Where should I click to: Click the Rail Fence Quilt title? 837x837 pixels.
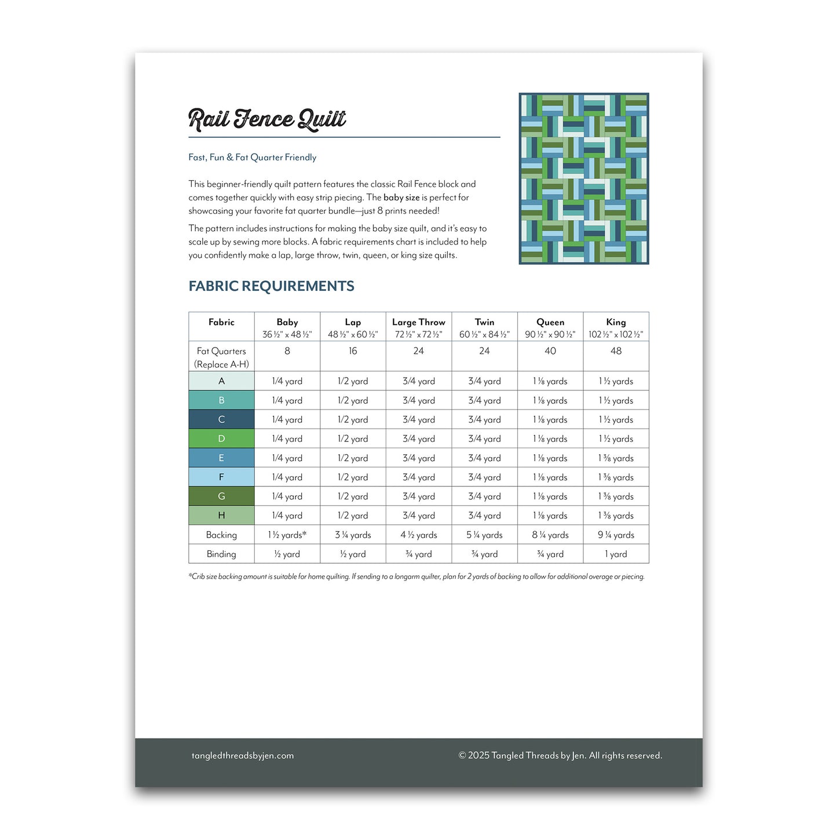tap(267, 119)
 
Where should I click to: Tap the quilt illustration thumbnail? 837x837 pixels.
tap(583, 178)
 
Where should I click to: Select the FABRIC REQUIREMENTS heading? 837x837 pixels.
tap(271, 286)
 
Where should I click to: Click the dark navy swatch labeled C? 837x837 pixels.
tap(221, 419)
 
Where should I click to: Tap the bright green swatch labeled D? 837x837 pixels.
tap(221, 438)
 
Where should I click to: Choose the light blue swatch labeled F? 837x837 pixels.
tap(221, 477)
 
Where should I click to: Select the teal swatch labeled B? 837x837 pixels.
tap(221, 400)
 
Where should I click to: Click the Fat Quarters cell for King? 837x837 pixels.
tap(616, 351)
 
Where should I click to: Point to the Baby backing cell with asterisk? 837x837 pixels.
tap(287, 535)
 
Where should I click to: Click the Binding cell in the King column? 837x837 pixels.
tap(616, 554)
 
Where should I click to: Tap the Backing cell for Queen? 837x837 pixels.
tap(550, 535)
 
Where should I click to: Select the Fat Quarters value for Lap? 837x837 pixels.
tap(353, 351)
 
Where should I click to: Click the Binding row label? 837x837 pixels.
tap(221, 554)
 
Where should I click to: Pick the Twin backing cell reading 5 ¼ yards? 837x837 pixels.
tap(484, 535)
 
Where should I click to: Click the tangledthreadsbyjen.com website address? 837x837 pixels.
tap(243, 755)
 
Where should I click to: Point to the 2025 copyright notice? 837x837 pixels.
tap(560, 755)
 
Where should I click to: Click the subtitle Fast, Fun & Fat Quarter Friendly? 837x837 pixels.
tap(253, 157)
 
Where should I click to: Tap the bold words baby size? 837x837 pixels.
tap(401, 198)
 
